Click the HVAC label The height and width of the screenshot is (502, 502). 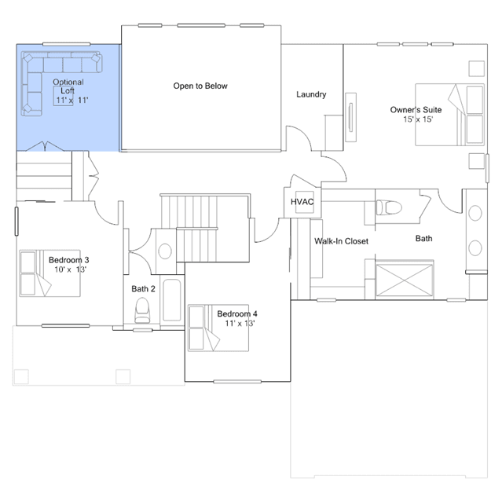(302, 202)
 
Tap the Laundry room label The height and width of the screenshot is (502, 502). (311, 94)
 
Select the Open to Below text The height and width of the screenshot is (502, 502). (200, 86)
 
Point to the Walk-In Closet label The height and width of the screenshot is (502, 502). (341, 241)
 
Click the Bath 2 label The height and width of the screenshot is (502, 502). (143, 289)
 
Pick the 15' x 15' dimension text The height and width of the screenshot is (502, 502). (418, 119)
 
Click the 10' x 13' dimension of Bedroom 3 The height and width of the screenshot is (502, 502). (70, 269)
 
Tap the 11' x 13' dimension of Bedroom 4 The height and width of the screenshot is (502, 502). (240, 323)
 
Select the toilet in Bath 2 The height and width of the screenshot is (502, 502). (142, 310)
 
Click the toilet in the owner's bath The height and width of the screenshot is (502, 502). (389, 207)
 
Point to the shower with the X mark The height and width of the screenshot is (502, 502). (405, 280)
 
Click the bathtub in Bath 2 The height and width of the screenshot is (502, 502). (172, 299)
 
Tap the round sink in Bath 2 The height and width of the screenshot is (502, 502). (165, 251)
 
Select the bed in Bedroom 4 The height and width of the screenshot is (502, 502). (218, 328)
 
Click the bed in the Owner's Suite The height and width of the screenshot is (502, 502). (449, 115)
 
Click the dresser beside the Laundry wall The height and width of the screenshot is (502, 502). (351, 117)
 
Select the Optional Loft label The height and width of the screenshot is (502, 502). (68, 86)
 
